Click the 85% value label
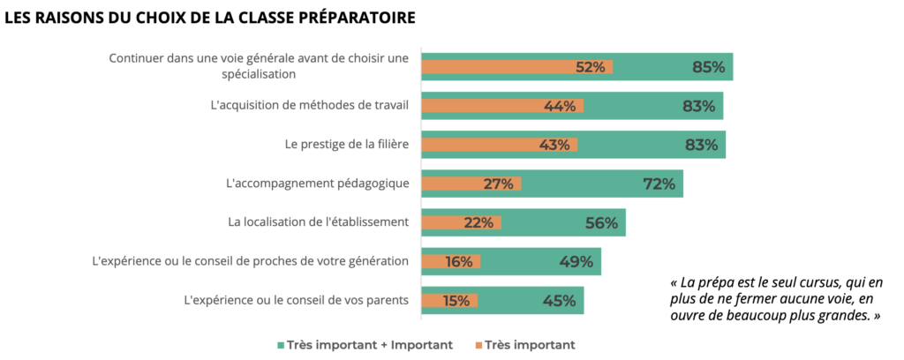(709, 67)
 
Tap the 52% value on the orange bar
(590, 67)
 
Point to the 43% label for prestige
(554, 145)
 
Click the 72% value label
(659, 184)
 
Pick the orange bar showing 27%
(471, 184)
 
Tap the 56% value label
(601, 222)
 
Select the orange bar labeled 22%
(461, 222)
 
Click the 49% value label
(576, 261)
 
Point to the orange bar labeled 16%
(451, 261)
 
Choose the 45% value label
(560, 300)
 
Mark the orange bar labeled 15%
(449, 300)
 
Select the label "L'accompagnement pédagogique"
(318, 184)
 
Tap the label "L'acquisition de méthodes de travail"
(310, 106)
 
